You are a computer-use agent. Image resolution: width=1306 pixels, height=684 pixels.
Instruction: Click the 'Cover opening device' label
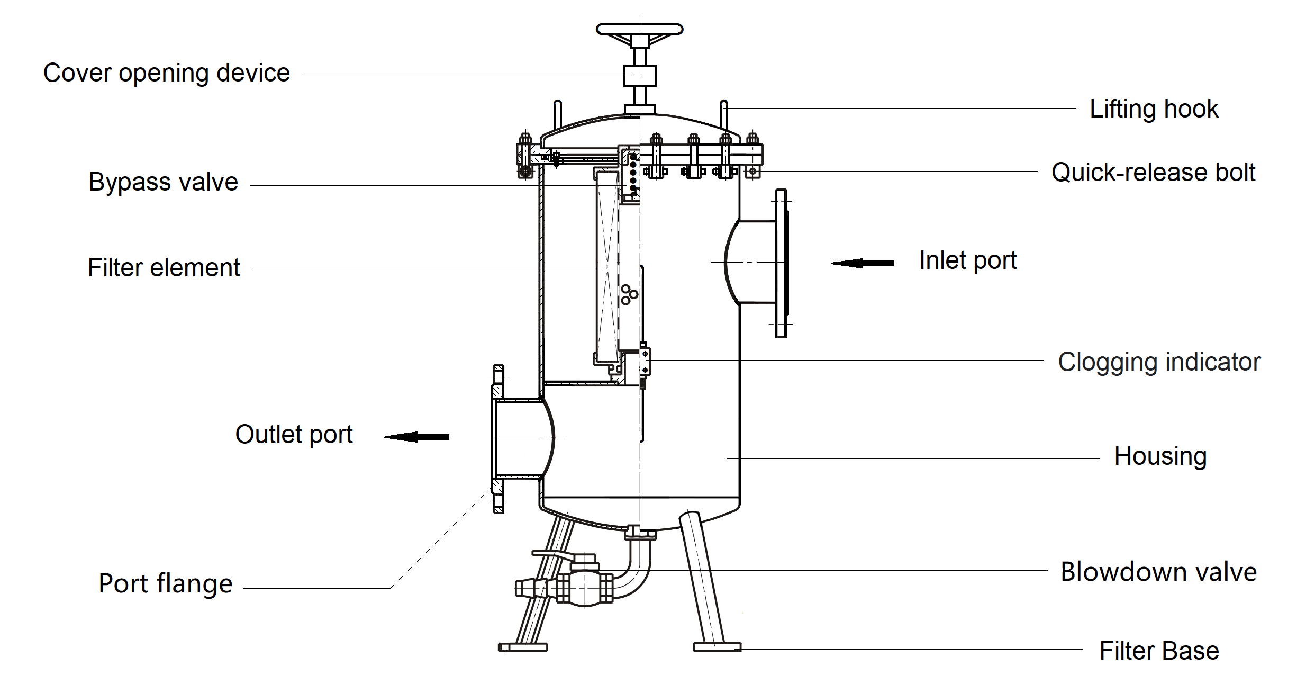[166, 73]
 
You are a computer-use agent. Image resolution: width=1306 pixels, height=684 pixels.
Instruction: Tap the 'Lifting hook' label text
[1154, 109]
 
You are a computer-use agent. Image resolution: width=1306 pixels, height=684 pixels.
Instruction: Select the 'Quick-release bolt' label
[1153, 173]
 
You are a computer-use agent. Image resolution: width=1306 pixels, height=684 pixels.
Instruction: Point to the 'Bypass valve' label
[163, 182]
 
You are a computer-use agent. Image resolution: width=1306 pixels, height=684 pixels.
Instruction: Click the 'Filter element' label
[164, 268]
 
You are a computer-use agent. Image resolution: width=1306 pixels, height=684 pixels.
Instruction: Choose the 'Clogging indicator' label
[1159, 362]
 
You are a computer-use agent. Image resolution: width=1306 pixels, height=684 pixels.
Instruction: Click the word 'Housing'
[1160, 456]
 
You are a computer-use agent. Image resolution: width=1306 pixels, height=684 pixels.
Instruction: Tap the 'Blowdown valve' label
[1158, 572]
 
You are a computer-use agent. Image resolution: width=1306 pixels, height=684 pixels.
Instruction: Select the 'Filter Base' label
[1159, 651]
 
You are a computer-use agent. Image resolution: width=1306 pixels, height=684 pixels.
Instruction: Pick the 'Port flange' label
[165, 583]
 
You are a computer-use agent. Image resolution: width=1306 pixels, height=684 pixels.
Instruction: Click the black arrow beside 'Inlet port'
[863, 263]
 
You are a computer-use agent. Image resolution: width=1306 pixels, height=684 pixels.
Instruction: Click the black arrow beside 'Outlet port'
[417, 437]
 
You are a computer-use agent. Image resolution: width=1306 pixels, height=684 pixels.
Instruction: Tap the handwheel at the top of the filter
[639, 29]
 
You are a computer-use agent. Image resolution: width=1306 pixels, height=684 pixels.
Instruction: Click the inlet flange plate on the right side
[781, 263]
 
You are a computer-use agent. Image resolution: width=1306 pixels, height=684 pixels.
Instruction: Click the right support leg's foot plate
[717, 647]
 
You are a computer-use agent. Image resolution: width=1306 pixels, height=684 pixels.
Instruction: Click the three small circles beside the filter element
[629, 295]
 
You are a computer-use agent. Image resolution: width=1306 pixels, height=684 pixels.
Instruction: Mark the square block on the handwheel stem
[640, 75]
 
